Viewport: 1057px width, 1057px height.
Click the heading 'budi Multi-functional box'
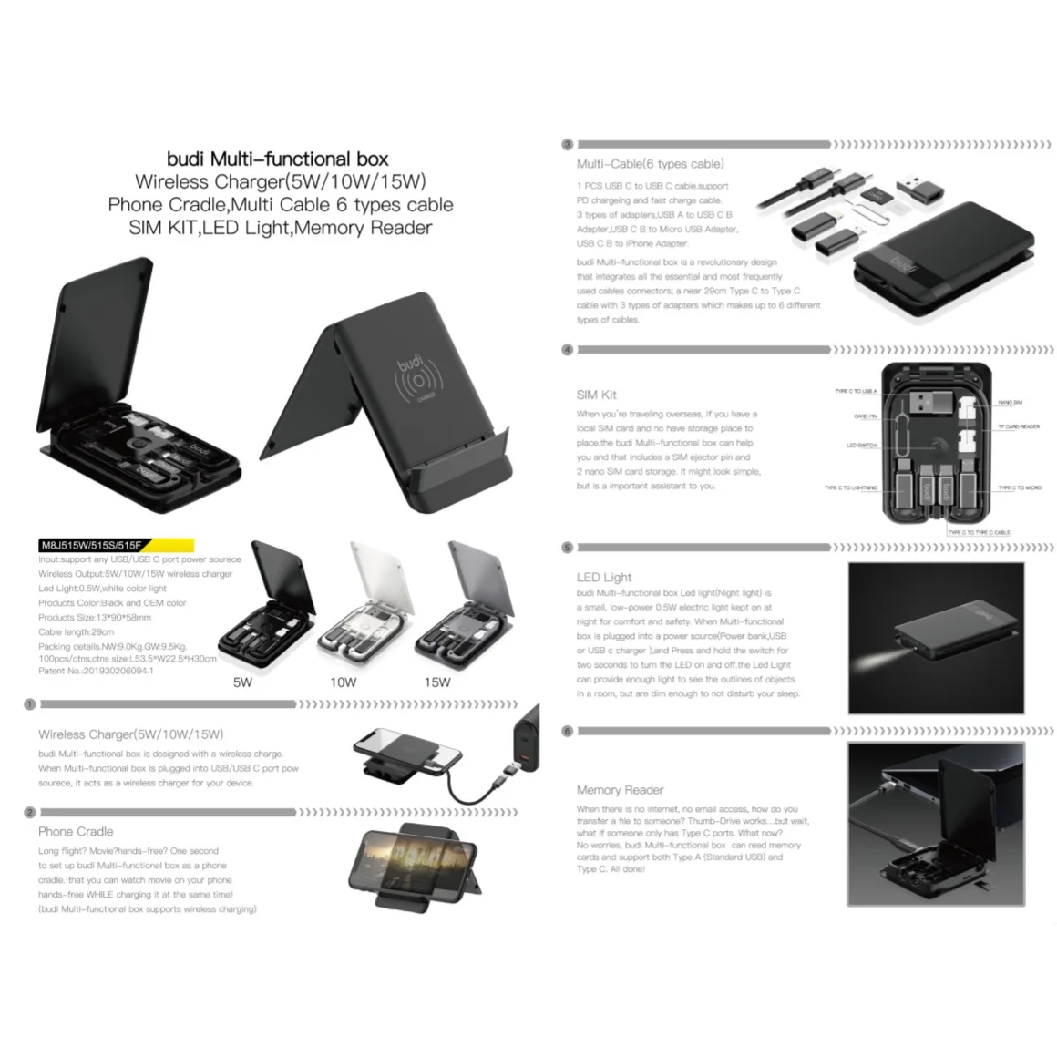pos(278,159)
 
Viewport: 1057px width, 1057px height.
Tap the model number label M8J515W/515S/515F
pos(90,546)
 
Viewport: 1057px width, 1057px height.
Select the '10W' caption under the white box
pos(343,682)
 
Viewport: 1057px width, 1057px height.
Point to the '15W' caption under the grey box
pos(436,682)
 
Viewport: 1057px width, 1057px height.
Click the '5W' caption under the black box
pos(242,682)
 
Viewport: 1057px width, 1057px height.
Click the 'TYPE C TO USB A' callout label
pos(856,391)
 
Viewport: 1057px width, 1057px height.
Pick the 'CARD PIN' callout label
pos(865,416)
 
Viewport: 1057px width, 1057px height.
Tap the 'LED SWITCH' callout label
pos(861,446)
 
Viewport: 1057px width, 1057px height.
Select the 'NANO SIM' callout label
pos(1010,402)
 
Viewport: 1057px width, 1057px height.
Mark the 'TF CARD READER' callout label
pos(1018,426)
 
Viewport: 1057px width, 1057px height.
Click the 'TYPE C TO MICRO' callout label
pos(1019,487)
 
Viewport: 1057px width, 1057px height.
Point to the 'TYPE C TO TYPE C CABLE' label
pos(979,532)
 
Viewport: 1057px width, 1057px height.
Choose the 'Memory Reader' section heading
pos(620,790)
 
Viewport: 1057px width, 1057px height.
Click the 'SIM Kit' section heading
pos(596,395)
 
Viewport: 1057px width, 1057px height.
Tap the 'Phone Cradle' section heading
pos(76,831)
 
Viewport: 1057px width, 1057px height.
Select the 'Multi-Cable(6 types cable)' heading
pos(650,164)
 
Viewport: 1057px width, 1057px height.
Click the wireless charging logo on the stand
pos(418,380)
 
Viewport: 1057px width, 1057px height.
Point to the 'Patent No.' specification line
pos(96,671)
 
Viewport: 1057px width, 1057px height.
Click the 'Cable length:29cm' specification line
pos(77,631)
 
